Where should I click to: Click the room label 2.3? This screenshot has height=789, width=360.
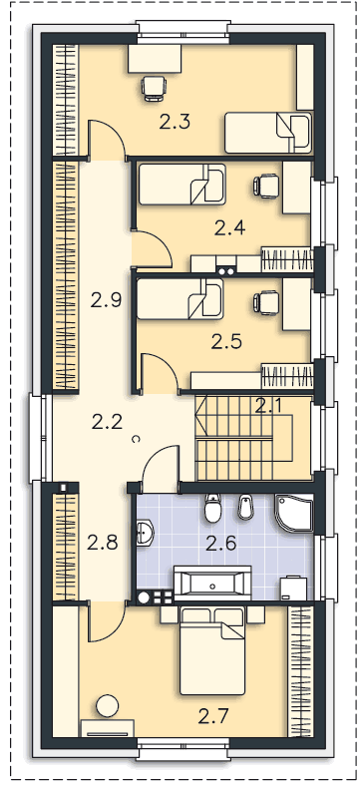point(175,122)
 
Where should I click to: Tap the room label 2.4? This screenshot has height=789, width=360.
point(229,228)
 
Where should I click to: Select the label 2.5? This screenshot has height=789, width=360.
point(226,342)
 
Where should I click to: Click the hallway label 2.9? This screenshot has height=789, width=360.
point(107,300)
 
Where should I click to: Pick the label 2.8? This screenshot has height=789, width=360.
point(102,543)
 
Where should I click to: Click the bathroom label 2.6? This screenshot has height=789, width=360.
point(221,544)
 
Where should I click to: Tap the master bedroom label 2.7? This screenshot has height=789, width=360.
point(213,716)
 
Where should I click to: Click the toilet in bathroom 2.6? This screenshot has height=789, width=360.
point(213,508)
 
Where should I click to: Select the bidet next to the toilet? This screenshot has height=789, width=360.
point(245,507)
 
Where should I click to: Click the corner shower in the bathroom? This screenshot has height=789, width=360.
point(293,513)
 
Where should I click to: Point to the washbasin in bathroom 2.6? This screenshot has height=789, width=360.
point(145,533)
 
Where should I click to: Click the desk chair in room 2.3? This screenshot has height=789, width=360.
point(154,88)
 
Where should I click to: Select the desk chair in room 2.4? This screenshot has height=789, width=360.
point(266,186)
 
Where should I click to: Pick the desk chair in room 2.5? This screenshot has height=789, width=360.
point(266,302)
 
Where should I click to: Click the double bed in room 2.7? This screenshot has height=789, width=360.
point(212,651)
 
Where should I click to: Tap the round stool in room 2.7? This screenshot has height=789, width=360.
point(107,706)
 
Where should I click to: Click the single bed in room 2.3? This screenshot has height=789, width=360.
point(268,133)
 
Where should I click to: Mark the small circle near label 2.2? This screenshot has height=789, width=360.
point(136,439)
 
